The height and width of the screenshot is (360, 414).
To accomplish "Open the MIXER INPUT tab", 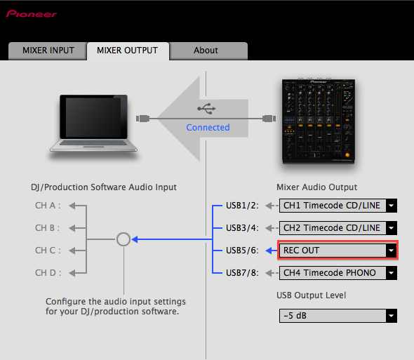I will pos(47,51).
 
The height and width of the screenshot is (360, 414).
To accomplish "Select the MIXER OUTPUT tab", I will pos(128,51).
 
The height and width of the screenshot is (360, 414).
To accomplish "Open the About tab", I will pos(206,51).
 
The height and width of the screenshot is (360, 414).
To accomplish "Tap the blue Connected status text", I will pos(208,128).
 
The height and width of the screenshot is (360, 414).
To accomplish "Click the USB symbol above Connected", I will pos(207,109).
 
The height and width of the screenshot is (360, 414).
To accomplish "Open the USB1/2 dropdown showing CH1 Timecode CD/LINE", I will pos(338,206).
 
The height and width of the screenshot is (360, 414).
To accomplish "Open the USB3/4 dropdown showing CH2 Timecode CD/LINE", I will pos(338,228).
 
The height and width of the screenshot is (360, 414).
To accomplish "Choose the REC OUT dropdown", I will pos(338,251).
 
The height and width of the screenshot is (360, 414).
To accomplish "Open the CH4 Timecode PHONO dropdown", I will pos(338,273).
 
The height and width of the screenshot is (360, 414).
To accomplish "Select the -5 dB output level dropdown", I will pos(338,316).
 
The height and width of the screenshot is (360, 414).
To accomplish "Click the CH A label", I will pos(48,206).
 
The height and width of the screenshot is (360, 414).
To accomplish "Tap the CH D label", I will pos(48,273).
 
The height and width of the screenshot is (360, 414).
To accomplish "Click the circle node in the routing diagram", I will pos(123,239).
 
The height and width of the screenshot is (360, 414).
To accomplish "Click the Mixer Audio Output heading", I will pos(316,187).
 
